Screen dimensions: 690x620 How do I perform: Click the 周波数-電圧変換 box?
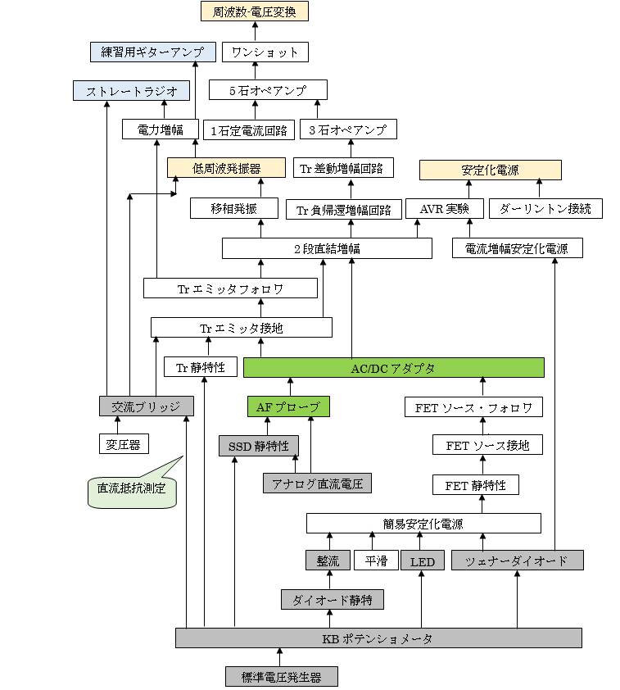(x=255, y=12)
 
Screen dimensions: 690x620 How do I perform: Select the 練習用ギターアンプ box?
(x=152, y=52)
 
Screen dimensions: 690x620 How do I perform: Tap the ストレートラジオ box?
(x=131, y=90)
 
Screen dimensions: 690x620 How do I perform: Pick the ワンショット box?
(x=265, y=52)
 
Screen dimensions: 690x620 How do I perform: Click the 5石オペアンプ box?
(x=268, y=90)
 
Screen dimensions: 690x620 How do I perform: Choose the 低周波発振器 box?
(x=226, y=168)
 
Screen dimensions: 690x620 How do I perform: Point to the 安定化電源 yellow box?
(x=490, y=170)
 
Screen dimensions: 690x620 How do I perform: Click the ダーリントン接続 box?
(x=545, y=208)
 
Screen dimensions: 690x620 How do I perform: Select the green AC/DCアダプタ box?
(x=393, y=368)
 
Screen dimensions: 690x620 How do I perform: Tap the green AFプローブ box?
(x=288, y=406)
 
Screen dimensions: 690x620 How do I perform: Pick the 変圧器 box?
(x=123, y=444)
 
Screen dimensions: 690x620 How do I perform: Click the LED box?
(x=423, y=561)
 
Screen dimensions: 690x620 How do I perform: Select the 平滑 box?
(x=376, y=561)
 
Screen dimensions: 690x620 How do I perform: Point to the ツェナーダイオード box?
(x=518, y=561)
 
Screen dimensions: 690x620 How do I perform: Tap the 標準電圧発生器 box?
(x=281, y=677)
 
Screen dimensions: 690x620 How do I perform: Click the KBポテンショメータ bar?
(x=378, y=638)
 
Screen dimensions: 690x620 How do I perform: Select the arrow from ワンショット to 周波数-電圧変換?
(x=255, y=32)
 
